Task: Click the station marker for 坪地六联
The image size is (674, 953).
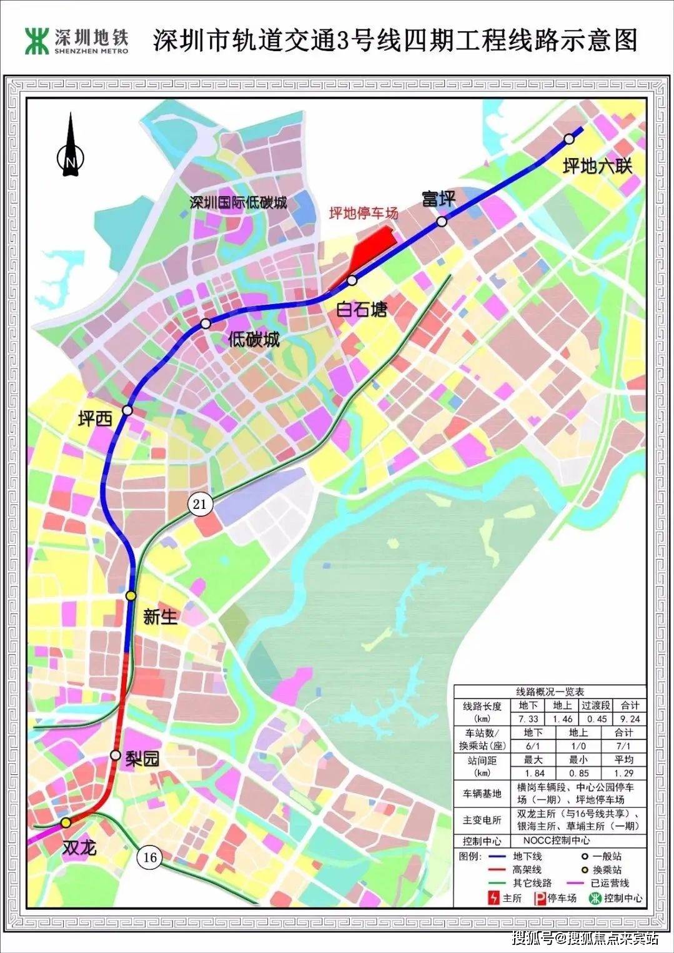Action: click(569, 139)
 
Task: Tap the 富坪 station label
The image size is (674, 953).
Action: click(439, 199)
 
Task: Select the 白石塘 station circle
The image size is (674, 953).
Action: click(352, 280)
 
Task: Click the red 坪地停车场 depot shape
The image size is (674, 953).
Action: click(372, 247)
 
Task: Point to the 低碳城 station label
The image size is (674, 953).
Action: click(254, 340)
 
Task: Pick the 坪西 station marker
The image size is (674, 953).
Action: click(127, 410)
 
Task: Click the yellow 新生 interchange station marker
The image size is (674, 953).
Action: click(131, 596)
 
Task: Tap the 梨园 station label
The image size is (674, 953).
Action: click(142, 759)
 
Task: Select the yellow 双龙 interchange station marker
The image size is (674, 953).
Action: click(66, 822)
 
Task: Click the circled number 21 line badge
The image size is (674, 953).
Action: click(199, 503)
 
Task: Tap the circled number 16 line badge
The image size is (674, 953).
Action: click(150, 857)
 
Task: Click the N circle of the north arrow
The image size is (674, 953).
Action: click(71, 162)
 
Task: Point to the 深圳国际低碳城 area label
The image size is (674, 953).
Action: click(239, 202)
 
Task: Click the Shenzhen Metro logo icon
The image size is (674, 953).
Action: click(36, 41)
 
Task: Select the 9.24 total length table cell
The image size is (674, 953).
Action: click(630, 719)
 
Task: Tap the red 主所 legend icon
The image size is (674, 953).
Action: click(493, 898)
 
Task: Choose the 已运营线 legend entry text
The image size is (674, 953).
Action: click(610, 883)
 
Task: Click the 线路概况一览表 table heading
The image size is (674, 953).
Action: click(550, 691)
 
